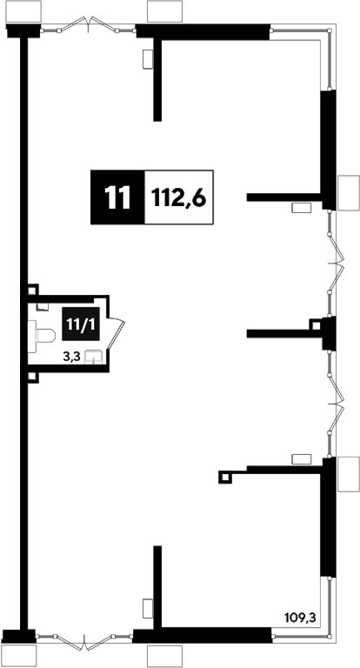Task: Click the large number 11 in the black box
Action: point(117,197)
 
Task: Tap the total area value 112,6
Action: point(179,197)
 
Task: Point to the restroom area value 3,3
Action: point(70,357)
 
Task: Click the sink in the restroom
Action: point(93,357)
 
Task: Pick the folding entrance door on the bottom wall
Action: point(84,642)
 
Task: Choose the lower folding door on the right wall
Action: point(336,404)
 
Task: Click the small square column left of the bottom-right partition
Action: point(226,478)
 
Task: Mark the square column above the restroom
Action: point(33,290)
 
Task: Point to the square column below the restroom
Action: point(33,377)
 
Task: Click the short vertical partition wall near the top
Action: point(157,80)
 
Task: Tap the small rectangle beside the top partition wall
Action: point(148,59)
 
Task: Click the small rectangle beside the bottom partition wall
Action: point(148,608)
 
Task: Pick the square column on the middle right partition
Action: point(316,325)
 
